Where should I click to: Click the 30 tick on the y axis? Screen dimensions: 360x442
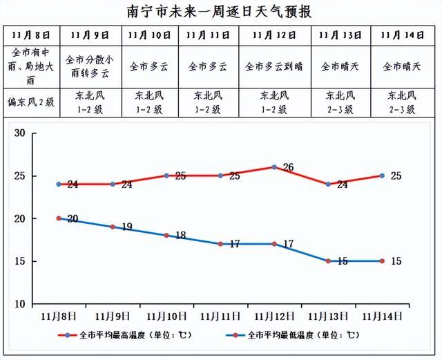pos(19,133)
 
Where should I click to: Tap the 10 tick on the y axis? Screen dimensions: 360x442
pos(19,304)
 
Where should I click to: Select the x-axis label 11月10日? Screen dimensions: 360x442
pos(167,316)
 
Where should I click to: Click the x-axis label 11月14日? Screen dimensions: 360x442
pos(381,316)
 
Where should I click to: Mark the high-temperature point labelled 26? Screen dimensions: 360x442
pos(274,167)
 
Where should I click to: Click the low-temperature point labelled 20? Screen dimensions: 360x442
pos(59,218)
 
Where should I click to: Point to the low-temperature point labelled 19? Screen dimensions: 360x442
pos(113,227)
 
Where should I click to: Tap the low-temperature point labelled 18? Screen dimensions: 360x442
pos(167,236)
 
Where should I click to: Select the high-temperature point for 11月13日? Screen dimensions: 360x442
pos(328,184)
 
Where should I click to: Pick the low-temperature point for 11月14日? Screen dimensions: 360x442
pos(381,261)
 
